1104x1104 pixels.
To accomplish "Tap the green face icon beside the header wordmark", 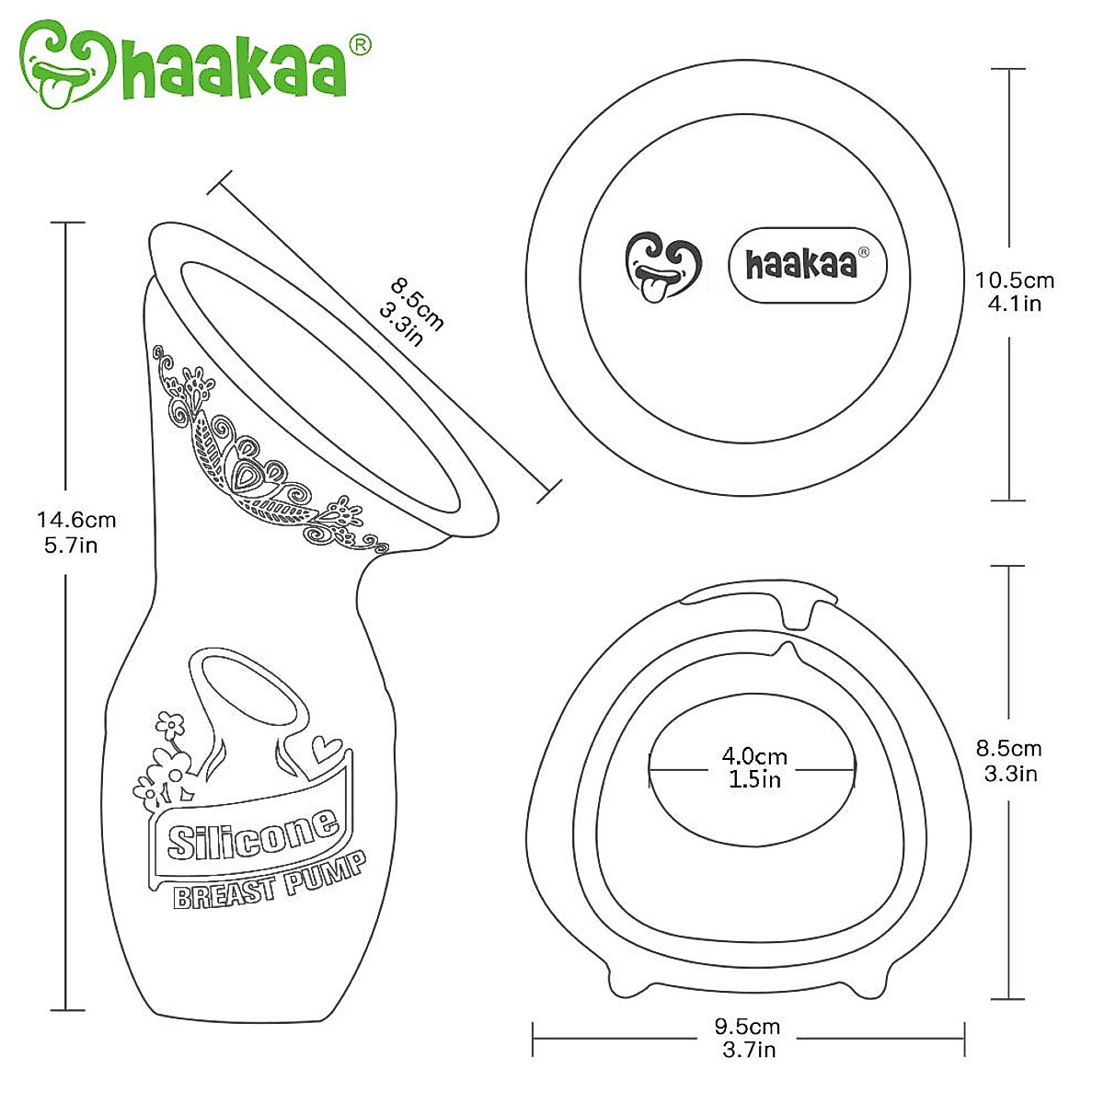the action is pyautogui.click(x=66, y=64).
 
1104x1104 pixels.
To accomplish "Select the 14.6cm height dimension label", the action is pyautogui.click(x=76, y=520).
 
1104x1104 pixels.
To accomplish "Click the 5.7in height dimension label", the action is pyautogui.click(x=71, y=546).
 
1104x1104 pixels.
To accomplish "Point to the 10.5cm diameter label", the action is pyautogui.click(x=1015, y=281).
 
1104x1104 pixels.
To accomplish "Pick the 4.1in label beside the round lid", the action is pyautogui.click(x=1015, y=304).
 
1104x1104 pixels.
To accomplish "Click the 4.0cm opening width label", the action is pyautogui.click(x=754, y=756).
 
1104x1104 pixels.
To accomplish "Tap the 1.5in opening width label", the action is pyautogui.click(x=754, y=779).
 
